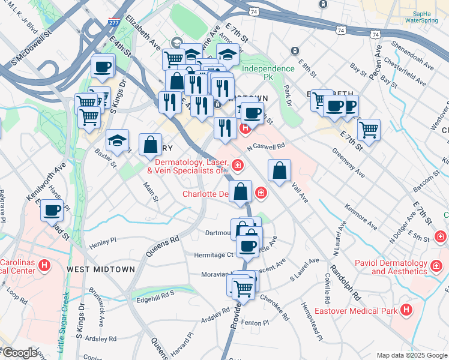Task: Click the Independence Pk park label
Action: tap(268, 68)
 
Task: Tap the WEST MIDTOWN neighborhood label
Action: tap(101, 269)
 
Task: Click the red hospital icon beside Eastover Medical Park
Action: tap(406, 310)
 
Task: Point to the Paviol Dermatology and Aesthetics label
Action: tap(403, 267)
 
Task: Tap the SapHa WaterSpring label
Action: tap(422, 16)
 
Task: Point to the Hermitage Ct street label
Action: tap(213, 255)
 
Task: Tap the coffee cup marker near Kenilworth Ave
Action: tap(52, 211)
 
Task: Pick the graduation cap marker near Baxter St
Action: tap(117, 140)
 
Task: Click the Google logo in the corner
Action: tap(19, 353)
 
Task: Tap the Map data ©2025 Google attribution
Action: tap(411, 355)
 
